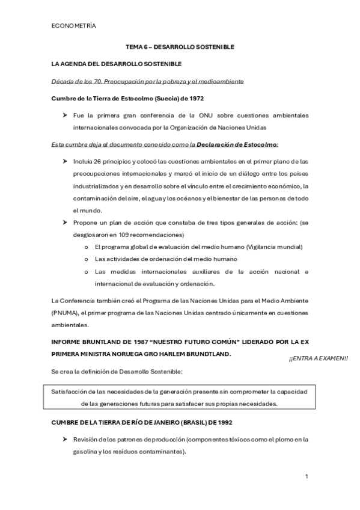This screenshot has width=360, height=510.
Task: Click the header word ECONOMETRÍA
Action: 74,26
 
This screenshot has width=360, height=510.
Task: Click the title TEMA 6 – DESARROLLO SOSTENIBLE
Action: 179,46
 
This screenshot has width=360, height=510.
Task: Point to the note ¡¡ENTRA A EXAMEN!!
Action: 318,359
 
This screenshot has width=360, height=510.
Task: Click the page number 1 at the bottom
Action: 307,476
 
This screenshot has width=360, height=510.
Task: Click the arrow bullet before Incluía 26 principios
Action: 64,161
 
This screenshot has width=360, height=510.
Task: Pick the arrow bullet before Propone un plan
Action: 64,223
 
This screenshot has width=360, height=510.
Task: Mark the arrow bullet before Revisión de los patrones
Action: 64,439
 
